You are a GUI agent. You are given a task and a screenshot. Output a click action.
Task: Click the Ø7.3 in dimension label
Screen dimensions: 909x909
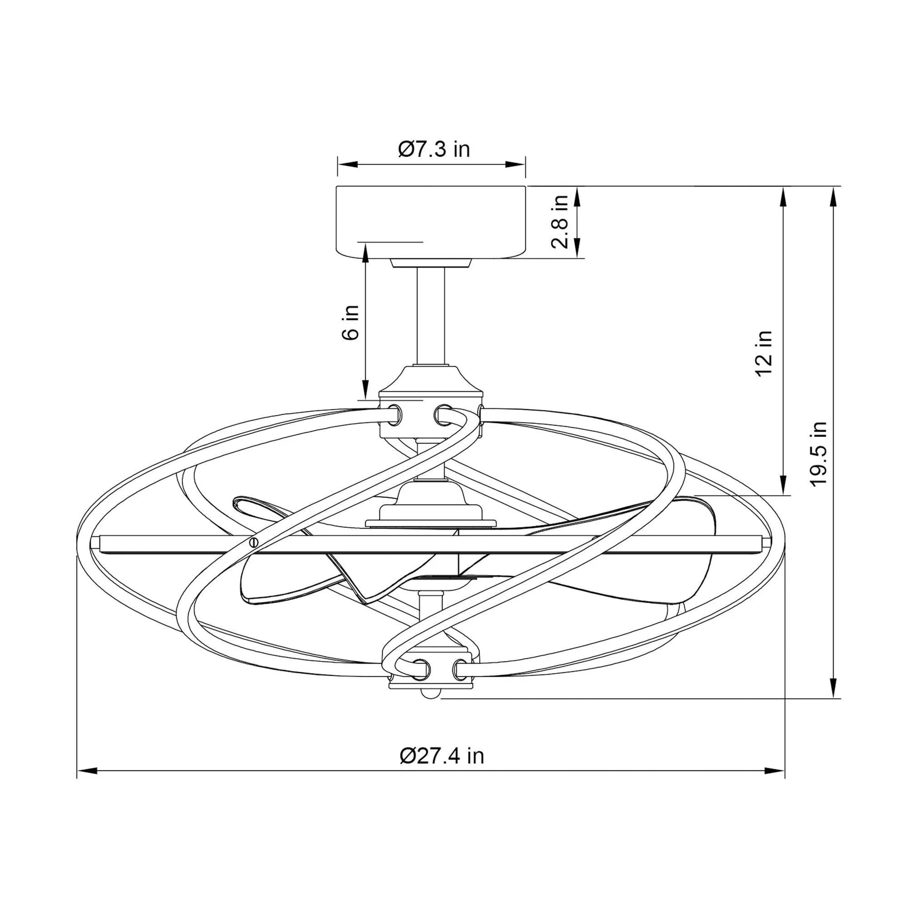click(434, 149)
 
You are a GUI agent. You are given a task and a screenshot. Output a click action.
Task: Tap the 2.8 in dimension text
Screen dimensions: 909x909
click(561, 222)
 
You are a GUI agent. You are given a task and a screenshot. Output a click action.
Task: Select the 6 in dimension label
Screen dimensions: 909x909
click(350, 322)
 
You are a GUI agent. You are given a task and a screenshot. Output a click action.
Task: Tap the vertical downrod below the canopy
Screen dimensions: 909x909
click(431, 317)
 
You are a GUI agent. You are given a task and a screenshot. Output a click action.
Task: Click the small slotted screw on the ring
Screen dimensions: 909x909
click(255, 541)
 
